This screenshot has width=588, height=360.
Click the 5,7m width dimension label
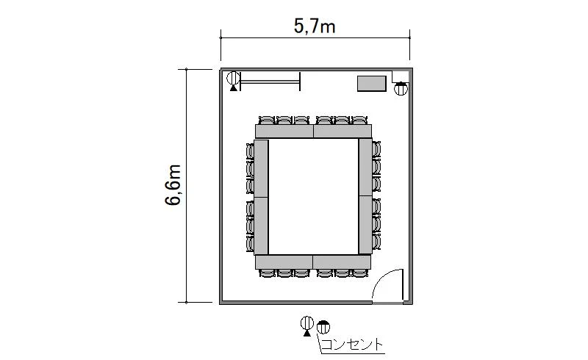(x=315, y=26)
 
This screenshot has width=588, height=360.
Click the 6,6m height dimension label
(x=173, y=185)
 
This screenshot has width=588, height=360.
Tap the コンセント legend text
(x=352, y=345)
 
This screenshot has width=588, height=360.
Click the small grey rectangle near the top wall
(x=372, y=83)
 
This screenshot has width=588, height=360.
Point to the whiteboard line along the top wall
(x=270, y=82)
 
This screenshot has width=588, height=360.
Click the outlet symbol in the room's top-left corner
(x=233, y=80)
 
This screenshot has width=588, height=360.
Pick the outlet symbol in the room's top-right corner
(x=401, y=89)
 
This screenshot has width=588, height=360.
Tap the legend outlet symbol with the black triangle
(x=307, y=325)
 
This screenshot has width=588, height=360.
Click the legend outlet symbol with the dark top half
(x=323, y=327)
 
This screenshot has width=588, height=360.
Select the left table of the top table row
(x=284, y=132)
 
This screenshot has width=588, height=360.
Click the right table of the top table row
(x=343, y=132)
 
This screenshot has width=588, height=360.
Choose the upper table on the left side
(x=262, y=168)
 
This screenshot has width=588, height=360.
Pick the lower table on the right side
(x=365, y=225)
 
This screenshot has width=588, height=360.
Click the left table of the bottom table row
(x=284, y=262)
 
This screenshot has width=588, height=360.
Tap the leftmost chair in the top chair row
(x=267, y=120)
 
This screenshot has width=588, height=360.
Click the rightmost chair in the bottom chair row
(x=360, y=273)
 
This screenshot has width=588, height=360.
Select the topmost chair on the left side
(x=250, y=151)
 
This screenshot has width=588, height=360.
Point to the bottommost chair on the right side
(x=376, y=242)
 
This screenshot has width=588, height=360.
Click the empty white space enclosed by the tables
(x=314, y=197)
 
